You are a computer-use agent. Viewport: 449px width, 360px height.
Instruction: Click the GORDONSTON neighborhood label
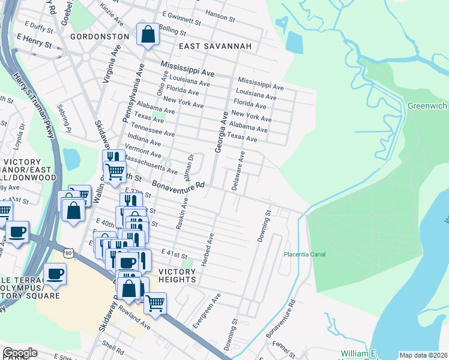[x=100, y=37]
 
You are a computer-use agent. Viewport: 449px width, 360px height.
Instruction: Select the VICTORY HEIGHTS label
[x=177, y=275]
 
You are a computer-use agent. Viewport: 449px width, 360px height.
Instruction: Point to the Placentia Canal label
[x=305, y=254]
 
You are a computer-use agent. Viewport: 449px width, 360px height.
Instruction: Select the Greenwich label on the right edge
[x=427, y=106]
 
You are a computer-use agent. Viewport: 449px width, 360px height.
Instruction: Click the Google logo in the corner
[x=20, y=353]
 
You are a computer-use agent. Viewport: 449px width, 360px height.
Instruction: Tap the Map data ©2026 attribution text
[x=423, y=355]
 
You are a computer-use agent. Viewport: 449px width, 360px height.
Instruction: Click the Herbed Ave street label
[x=211, y=246]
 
